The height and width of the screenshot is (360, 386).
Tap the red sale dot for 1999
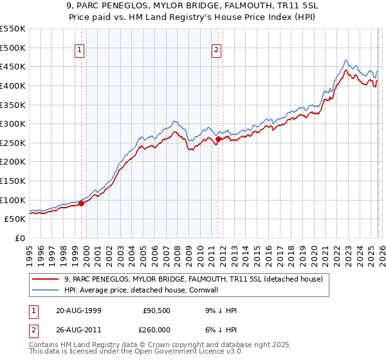82,203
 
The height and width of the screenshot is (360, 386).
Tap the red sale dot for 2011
219,139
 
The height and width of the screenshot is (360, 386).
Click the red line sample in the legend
46,279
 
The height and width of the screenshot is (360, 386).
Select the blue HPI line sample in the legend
46,290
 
